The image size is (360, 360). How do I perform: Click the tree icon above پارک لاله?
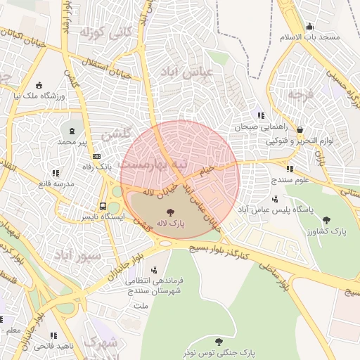coord(170,211)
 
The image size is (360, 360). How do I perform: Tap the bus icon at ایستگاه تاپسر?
coord(103,207)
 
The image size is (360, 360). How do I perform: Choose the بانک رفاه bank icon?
coord(97,156)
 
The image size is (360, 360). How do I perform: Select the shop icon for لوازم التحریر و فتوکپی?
coord(301,130)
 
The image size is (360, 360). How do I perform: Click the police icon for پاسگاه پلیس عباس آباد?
coord(274,199)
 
